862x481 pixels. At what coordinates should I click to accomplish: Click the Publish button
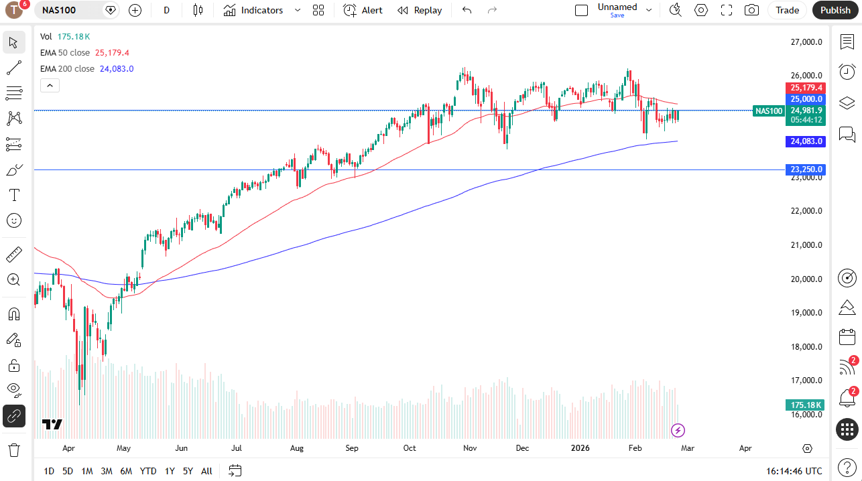[835, 10]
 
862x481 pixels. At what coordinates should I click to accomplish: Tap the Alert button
[363, 10]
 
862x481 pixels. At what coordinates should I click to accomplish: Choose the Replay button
[420, 10]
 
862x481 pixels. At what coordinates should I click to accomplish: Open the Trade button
[787, 10]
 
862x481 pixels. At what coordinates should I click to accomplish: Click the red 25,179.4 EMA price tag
[806, 88]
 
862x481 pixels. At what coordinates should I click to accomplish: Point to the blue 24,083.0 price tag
[806, 141]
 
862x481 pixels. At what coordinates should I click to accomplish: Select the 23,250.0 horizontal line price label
[806, 169]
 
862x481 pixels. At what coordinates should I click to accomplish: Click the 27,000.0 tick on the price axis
[806, 42]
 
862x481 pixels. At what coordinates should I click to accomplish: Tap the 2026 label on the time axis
[580, 448]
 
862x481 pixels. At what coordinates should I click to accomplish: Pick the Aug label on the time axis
[297, 448]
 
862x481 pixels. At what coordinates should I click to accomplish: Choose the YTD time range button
[148, 471]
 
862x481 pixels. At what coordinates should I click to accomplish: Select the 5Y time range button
[188, 471]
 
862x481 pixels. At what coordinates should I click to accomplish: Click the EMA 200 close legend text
[67, 68]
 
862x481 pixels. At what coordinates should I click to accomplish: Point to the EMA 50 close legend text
[65, 52]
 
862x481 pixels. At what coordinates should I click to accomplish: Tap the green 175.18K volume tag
[806, 405]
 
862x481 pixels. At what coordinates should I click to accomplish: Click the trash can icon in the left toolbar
[13, 449]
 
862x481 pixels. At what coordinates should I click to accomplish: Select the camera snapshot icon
[751, 10]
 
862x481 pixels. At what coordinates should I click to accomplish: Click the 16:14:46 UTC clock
[794, 471]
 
